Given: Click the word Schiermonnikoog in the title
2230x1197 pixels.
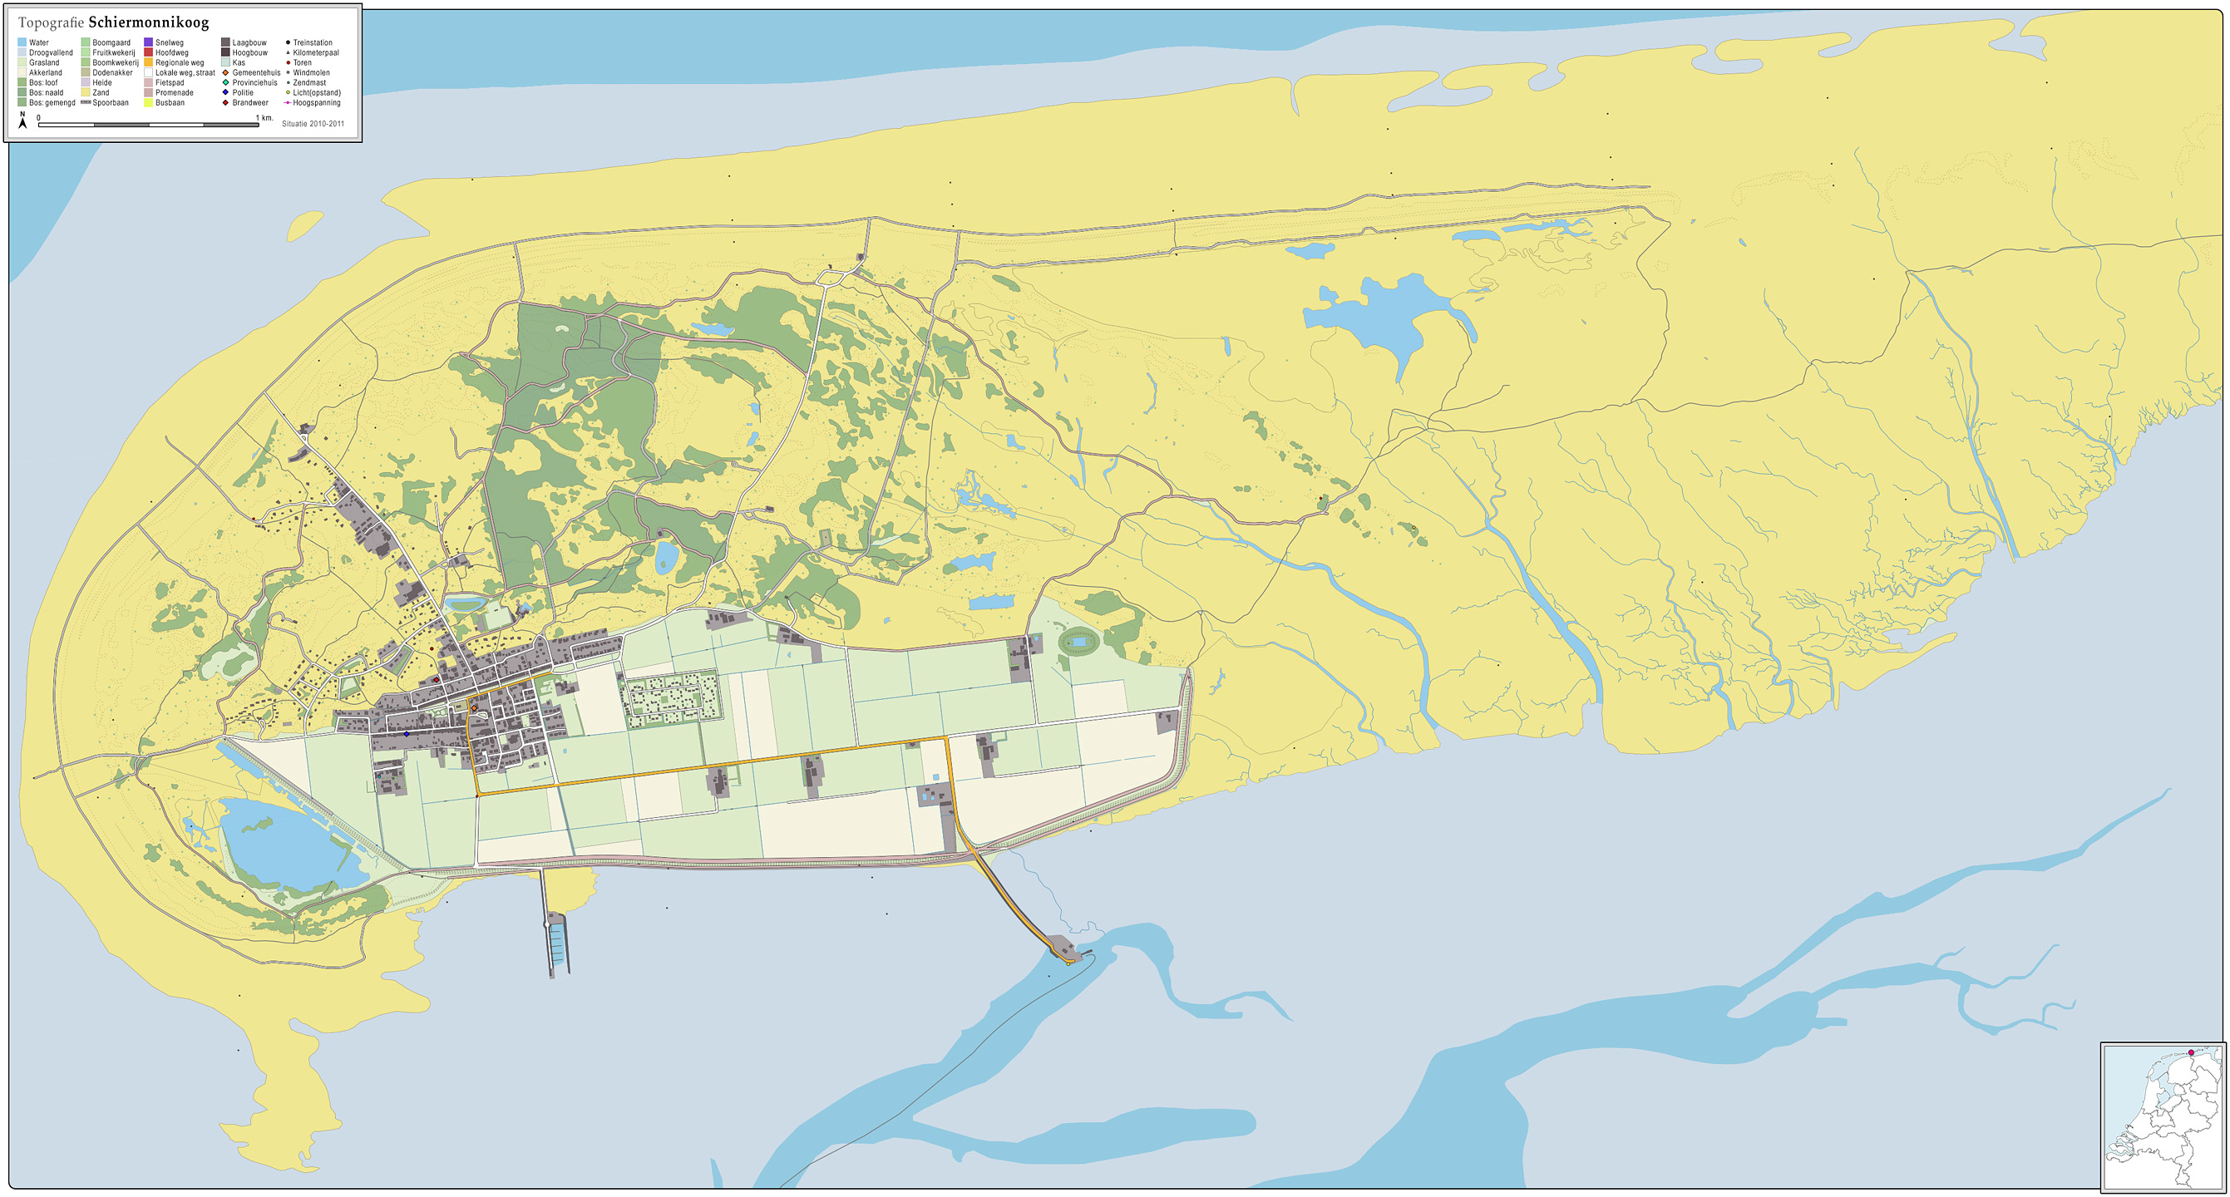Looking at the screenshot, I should coord(148,22).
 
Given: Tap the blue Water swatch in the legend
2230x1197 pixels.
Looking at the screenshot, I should coord(22,42).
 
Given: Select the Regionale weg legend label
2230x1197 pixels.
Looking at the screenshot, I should coord(180,62).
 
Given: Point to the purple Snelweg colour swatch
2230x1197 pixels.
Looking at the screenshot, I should coord(148,42).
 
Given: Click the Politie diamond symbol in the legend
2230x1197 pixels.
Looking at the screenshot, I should coord(225,92).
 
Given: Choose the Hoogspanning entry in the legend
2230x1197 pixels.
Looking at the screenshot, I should coord(317,103).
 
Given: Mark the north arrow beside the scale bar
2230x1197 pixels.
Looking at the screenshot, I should coord(22,121).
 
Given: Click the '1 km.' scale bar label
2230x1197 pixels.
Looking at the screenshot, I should coord(265,118).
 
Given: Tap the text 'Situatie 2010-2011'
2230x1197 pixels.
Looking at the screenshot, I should coord(313,124).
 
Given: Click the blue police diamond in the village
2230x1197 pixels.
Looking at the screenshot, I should coord(406,734).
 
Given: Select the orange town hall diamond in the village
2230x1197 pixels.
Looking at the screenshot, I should coord(474,708).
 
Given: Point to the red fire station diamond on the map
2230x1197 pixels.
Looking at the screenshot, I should coord(436,679).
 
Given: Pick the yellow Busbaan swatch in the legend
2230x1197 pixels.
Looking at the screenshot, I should coord(148,103).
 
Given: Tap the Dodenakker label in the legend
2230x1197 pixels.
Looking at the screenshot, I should coord(112,72).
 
